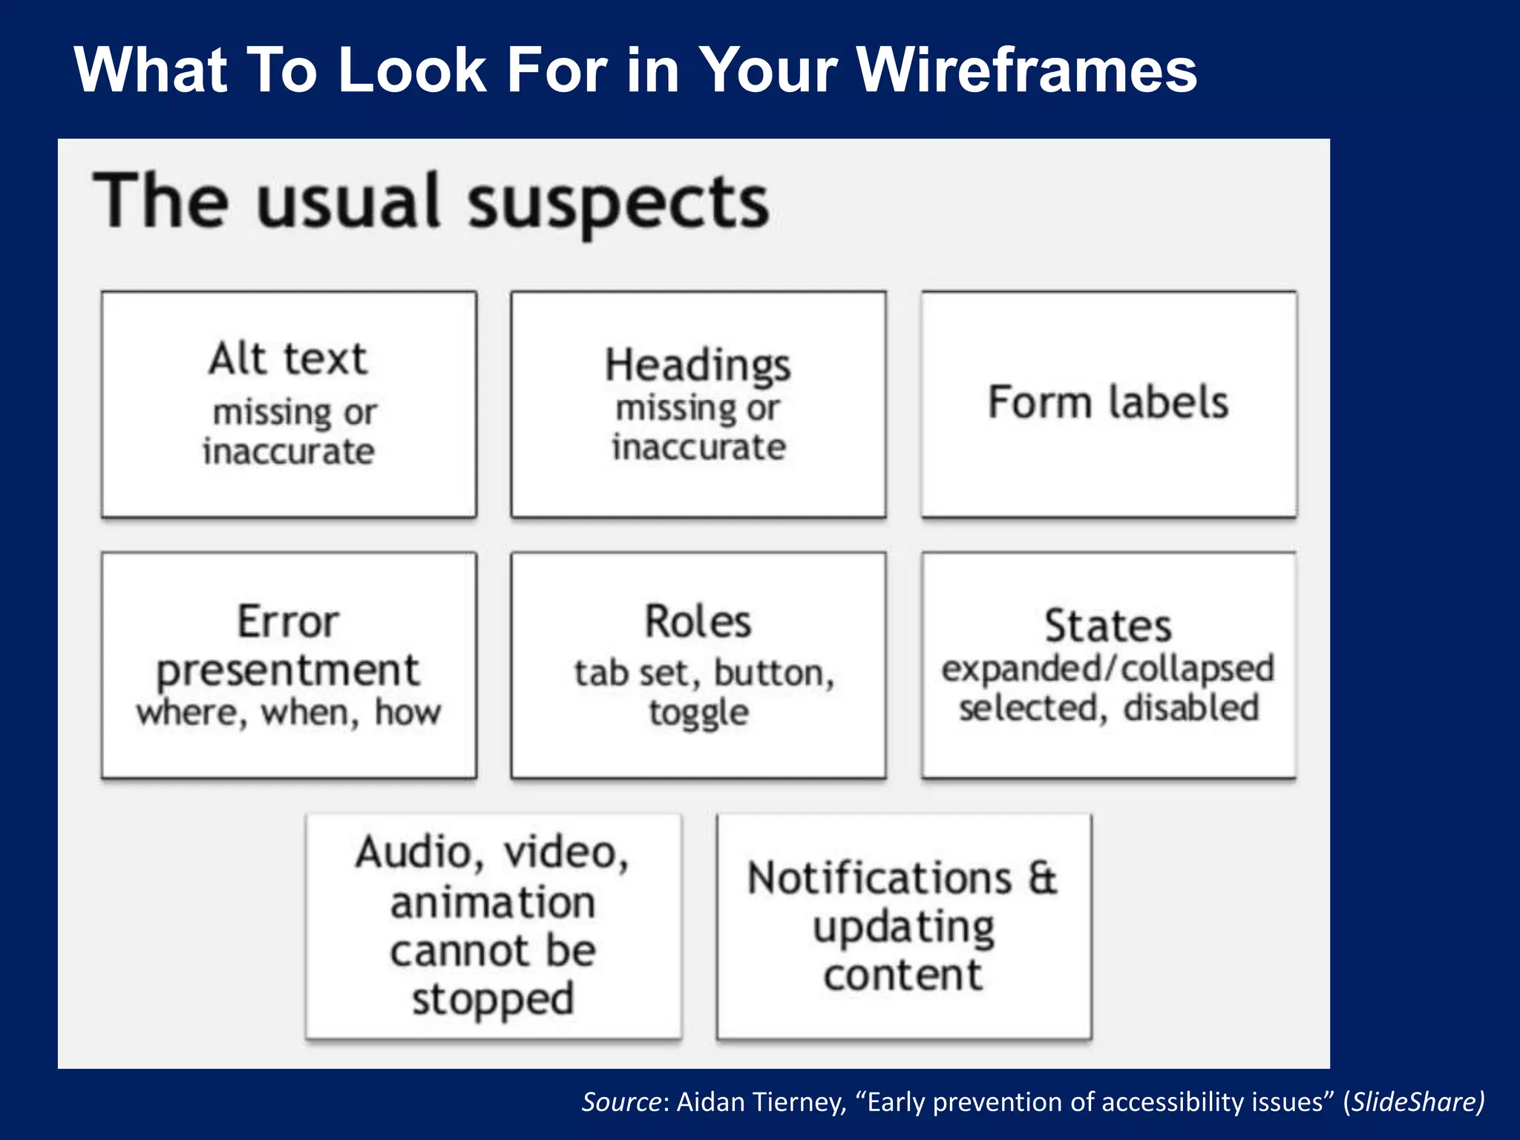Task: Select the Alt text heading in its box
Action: pyautogui.click(x=288, y=359)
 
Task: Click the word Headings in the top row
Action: pyautogui.click(x=698, y=366)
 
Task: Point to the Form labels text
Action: pyautogui.click(x=1108, y=403)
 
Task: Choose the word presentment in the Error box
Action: pyautogui.click(x=288, y=670)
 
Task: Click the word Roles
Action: pyautogui.click(x=698, y=622)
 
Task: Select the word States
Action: pyautogui.click(x=1108, y=626)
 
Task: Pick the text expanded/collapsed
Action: pyautogui.click(x=1108, y=669)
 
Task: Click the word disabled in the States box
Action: pyautogui.click(x=1191, y=708)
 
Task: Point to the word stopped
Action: pyautogui.click(x=494, y=1000)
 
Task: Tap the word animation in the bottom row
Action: pyautogui.click(x=494, y=903)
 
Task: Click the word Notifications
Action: pyautogui.click(x=879, y=879)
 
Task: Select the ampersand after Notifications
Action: pyautogui.click(x=1043, y=879)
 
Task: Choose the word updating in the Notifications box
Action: pyautogui.click(x=904, y=928)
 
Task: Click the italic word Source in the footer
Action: pyautogui.click(x=620, y=1102)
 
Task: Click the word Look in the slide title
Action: pyautogui.click(x=413, y=71)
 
